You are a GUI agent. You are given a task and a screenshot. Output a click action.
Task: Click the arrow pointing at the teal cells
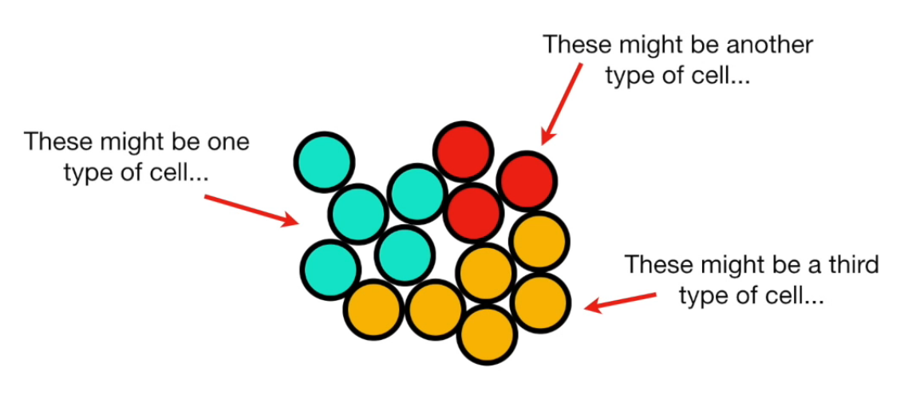[251, 209]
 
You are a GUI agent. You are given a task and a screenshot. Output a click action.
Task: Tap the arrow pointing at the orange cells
[622, 302]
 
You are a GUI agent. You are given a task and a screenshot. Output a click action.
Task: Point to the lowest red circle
[474, 212]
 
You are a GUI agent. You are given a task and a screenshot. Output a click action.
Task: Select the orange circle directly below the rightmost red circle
[539, 243]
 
